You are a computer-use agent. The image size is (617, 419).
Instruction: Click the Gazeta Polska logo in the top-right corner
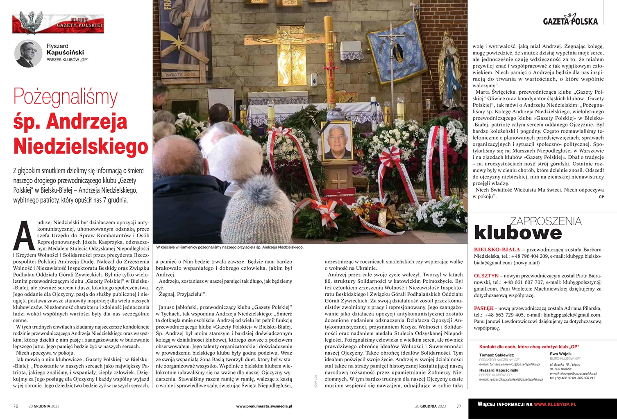(x=570, y=21)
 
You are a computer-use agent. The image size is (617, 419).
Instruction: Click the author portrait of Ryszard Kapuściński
(x=28, y=54)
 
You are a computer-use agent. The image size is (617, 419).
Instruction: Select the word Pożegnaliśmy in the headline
(x=66, y=97)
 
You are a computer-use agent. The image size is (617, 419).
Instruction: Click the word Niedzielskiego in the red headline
(x=81, y=146)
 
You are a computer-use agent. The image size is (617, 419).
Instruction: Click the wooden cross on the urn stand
(x=338, y=180)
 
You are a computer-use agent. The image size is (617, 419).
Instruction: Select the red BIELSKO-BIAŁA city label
(x=497, y=250)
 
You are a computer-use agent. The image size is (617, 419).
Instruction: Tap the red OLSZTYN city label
(x=486, y=276)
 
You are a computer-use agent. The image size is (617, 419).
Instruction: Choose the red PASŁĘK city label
(x=483, y=309)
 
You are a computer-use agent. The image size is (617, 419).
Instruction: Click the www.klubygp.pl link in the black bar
(x=555, y=404)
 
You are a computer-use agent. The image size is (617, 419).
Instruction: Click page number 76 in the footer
(x=16, y=406)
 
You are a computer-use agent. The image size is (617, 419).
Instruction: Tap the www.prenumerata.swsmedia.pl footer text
(x=264, y=406)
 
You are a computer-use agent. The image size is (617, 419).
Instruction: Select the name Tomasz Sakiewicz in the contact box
(x=496, y=355)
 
